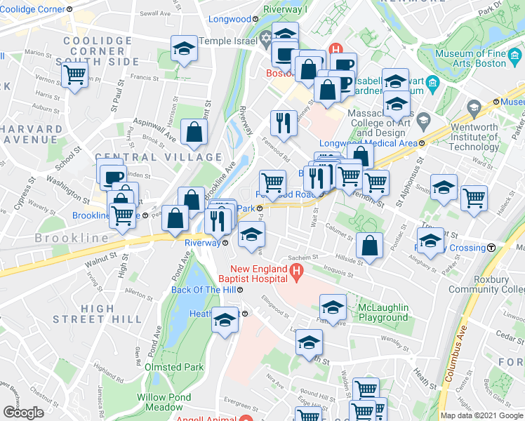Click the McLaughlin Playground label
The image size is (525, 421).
(x=383, y=312)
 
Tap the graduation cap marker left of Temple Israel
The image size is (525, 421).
(x=184, y=48)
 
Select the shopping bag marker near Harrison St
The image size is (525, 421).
(x=194, y=131)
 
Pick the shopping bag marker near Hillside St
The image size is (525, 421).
(x=369, y=246)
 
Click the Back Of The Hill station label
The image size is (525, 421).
(x=210, y=289)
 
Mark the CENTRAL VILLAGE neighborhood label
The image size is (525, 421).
(x=158, y=157)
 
